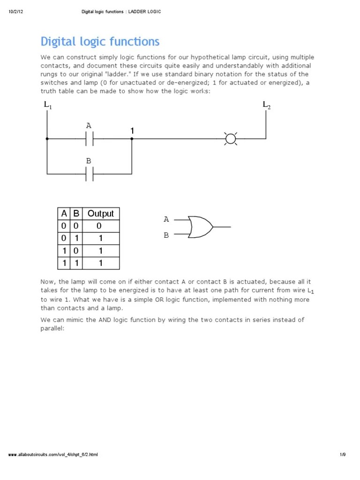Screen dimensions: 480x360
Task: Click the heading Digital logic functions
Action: coord(100,42)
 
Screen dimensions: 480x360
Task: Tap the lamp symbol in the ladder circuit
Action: coord(230,139)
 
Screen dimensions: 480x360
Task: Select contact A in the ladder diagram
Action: coord(89,139)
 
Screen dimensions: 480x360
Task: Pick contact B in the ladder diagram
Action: coord(89,174)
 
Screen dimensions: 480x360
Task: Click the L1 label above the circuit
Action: coord(48,105)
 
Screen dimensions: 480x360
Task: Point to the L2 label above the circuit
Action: coord(266,105)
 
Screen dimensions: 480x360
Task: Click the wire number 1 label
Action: coord(132,131)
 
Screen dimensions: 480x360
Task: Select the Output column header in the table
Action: coord(101,214)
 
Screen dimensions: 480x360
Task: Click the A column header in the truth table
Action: coord(64,214)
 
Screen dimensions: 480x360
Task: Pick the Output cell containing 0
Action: coord(100,226)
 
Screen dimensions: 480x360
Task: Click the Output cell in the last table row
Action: coord(100,263)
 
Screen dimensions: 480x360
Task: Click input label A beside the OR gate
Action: coord(166,219)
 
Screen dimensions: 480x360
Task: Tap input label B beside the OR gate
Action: coord(166,235)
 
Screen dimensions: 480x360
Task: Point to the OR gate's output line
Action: coord(222,227)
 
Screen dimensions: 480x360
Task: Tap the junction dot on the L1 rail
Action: coord(47,139)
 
